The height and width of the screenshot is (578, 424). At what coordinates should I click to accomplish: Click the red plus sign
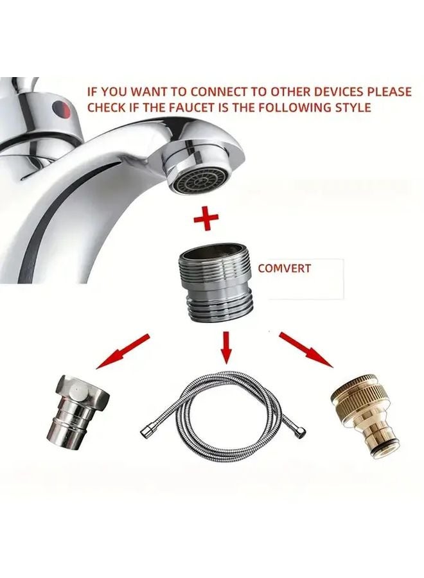pyautogui.click(x=206, y=218)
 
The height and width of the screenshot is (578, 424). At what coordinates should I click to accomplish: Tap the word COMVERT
pyautogui.click(x=284, y=268)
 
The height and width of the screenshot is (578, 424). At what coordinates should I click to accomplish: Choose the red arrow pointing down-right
pyautogui.click(x=306, y=351)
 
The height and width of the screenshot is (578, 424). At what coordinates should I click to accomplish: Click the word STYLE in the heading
pyautogui.click(x=351, y=107)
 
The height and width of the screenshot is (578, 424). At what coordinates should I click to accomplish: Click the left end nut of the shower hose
pyautogui.click(x=145, y=427)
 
